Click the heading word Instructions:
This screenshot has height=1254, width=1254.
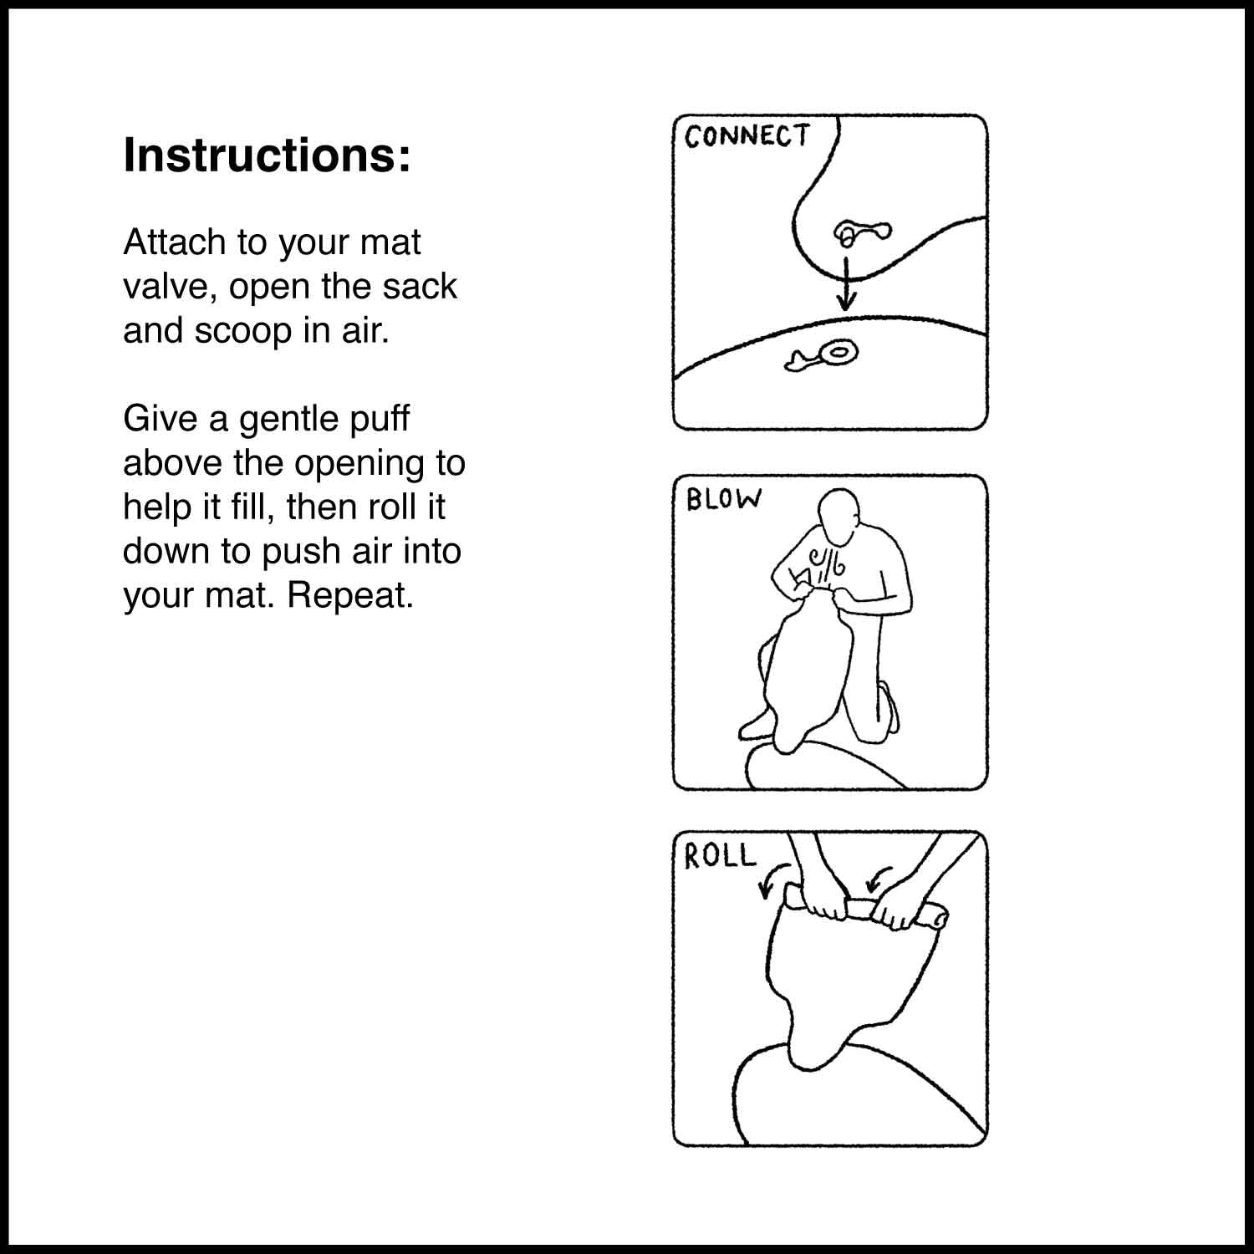coord(268,155)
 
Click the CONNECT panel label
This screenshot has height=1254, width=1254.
coord(747,136)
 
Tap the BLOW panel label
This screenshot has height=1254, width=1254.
coord(724,499)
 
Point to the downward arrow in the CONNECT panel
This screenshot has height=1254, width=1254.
coord(847,284)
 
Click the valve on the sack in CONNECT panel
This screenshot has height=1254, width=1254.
coord(863,232)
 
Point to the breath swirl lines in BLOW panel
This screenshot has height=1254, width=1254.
coord(824,567)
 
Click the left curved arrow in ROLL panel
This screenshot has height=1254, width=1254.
coord(773,880)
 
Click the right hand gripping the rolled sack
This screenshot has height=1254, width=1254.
coord(895,907)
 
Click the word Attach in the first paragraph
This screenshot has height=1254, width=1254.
coord(175,242)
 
